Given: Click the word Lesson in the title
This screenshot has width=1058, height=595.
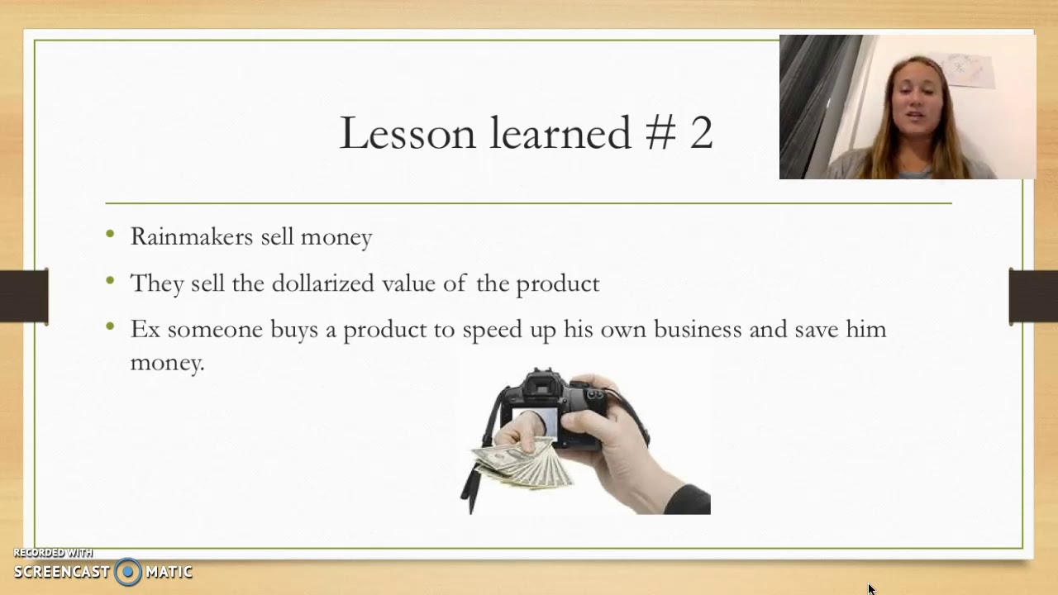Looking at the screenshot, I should [407, 133].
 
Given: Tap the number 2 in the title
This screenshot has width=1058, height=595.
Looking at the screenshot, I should [701, 133].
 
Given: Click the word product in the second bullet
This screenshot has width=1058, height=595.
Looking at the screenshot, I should [557, 283].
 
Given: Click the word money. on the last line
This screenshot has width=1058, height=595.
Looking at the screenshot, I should [167, 362].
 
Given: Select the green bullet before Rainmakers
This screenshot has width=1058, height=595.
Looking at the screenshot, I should [111, 235].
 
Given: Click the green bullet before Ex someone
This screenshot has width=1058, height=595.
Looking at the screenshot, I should [111, 327].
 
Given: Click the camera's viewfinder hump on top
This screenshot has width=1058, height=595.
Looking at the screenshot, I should [542, 383].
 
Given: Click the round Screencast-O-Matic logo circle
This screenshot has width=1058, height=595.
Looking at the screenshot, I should [128, 571].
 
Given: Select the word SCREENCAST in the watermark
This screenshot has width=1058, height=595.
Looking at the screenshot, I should [61, 572].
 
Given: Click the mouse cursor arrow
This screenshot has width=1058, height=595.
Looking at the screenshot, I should [871, 588].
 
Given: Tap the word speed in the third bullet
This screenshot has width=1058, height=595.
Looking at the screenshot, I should [490, 330].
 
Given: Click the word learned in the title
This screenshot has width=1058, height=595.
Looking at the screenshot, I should [560, 133].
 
